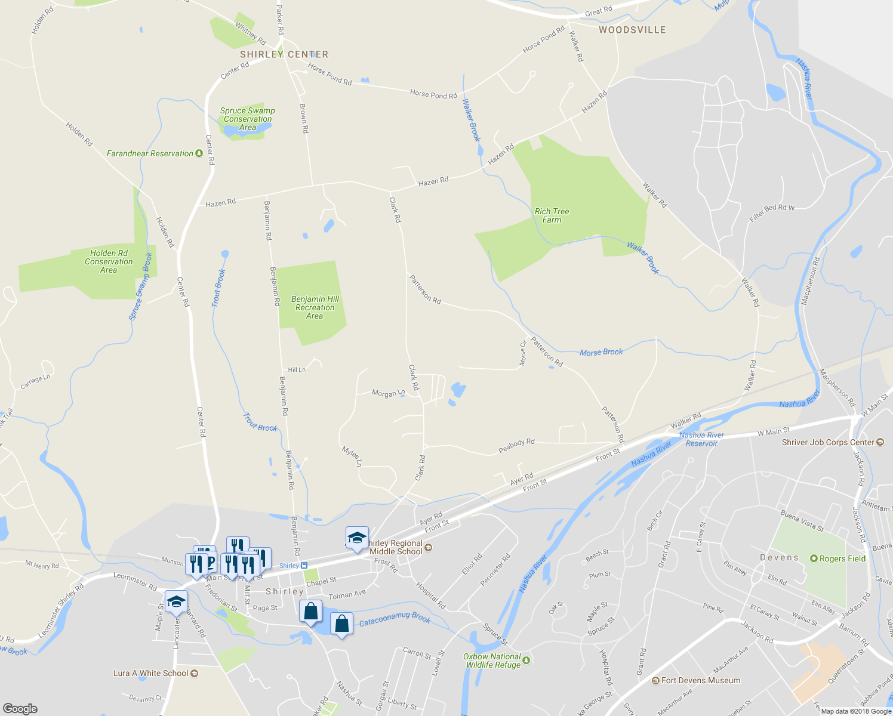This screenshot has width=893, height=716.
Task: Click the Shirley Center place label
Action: click(284, 54)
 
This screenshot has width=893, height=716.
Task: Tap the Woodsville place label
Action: click(632, 30)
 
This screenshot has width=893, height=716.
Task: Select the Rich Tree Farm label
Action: click(552, 215)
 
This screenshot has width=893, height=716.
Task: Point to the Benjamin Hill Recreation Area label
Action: click(315, 307)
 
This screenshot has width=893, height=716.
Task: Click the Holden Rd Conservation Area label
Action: click(109, 261)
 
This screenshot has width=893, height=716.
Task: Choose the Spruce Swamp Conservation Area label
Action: click(247, 119)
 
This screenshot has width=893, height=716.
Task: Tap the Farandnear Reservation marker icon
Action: click(199, 153)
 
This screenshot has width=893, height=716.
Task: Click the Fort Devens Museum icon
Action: click(655, 680)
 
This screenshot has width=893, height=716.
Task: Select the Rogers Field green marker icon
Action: click(814, 558)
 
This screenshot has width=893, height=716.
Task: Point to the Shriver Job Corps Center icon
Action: click(880, 442)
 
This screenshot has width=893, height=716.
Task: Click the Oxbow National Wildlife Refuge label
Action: click(492, 661)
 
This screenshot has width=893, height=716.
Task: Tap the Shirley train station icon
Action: click(304, 566)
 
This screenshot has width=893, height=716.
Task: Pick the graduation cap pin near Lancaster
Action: click(175, 602)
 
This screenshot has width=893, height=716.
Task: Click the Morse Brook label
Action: click(601, 352)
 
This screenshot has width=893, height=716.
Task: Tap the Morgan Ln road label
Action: click(388, 393)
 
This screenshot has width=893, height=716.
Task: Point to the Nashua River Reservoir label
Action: click(701, 439)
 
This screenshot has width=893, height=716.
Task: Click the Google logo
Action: click(20, 708)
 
